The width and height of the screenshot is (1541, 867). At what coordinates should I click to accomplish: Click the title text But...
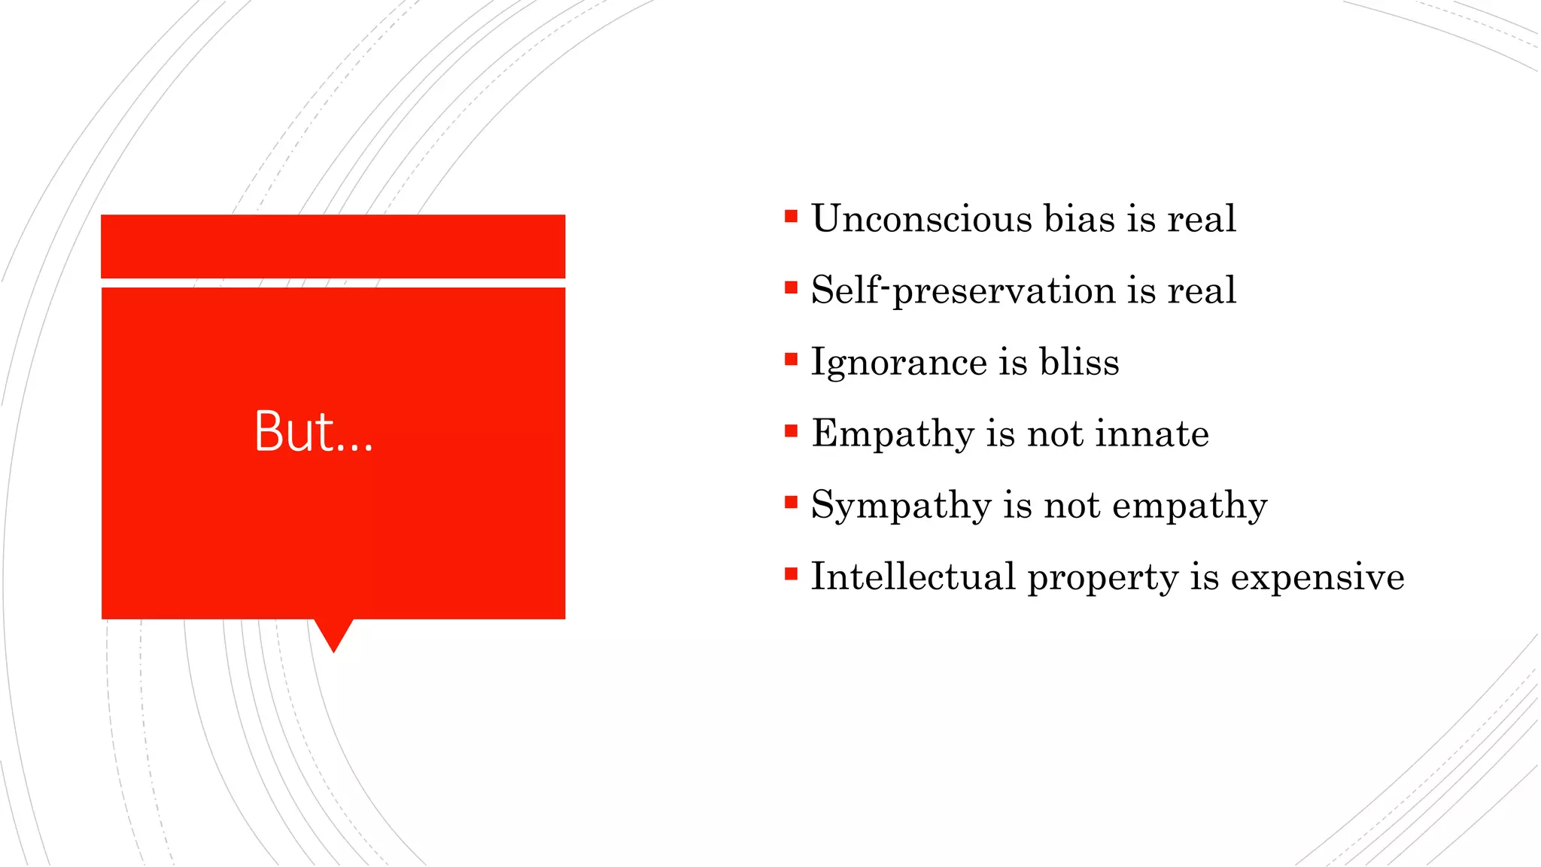313,432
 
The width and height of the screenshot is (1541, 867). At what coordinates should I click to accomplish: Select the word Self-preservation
962,291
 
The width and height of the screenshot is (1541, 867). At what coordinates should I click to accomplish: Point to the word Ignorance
898,363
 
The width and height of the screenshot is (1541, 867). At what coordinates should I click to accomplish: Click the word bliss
1079,362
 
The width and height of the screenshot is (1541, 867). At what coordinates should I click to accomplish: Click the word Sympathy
901,506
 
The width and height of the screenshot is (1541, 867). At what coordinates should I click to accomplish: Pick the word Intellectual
913,577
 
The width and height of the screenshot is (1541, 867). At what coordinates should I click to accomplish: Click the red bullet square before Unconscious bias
790,217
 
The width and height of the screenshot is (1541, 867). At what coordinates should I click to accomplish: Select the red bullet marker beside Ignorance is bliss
790,360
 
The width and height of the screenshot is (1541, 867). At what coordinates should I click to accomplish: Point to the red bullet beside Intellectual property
790,575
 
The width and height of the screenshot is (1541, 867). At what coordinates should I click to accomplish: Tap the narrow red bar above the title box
333,246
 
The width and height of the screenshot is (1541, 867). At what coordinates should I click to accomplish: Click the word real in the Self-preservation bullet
1201,291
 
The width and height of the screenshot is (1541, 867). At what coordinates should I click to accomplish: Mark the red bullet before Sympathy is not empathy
790,503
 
